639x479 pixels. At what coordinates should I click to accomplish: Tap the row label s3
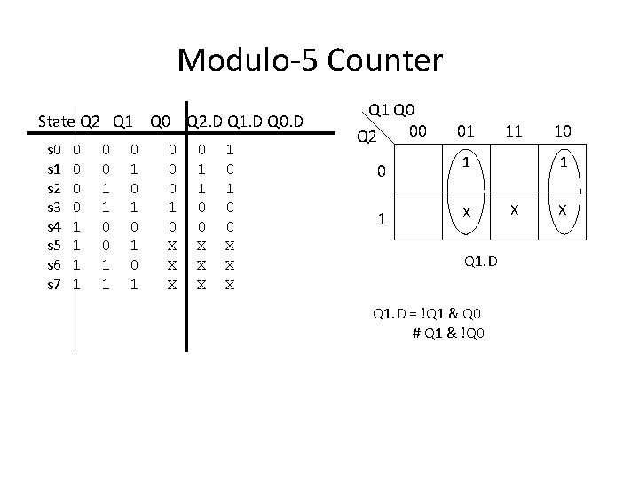53,206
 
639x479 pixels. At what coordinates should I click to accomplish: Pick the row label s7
53,285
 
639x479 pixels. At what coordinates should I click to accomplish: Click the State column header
57,121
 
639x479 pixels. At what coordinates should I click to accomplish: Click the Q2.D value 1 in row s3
173,206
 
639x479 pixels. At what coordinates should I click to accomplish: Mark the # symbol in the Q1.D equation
417,333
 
